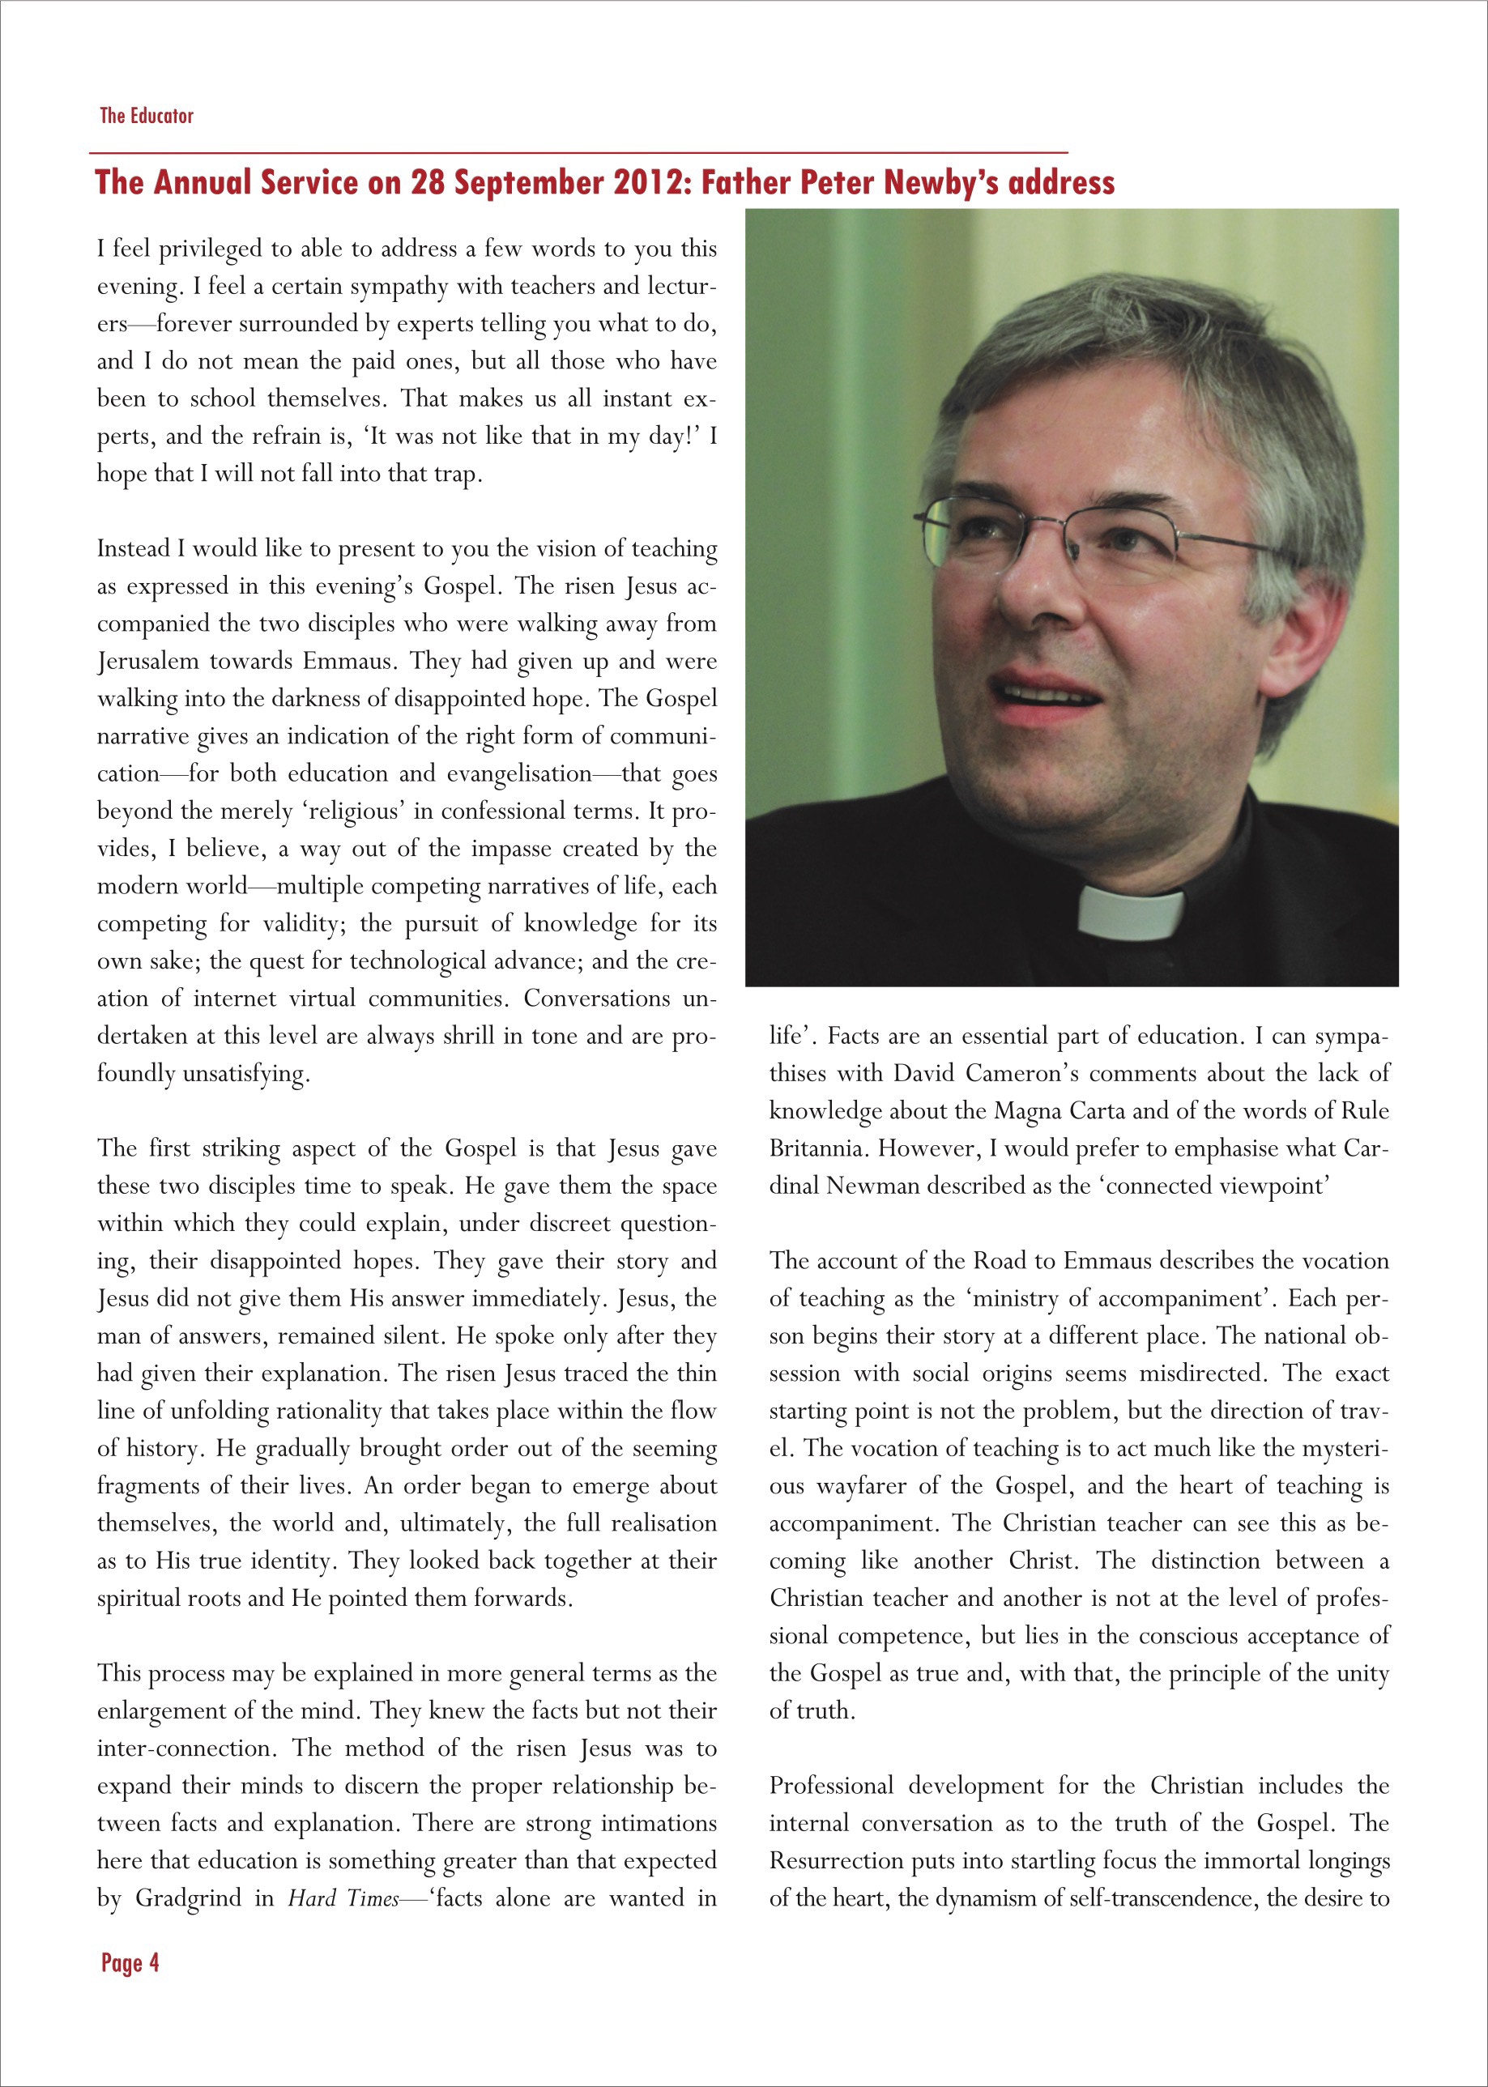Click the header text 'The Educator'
[147, 116]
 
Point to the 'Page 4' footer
[130, 1962]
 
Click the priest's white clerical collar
[1131, 913]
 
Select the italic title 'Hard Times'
[343, 1898]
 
